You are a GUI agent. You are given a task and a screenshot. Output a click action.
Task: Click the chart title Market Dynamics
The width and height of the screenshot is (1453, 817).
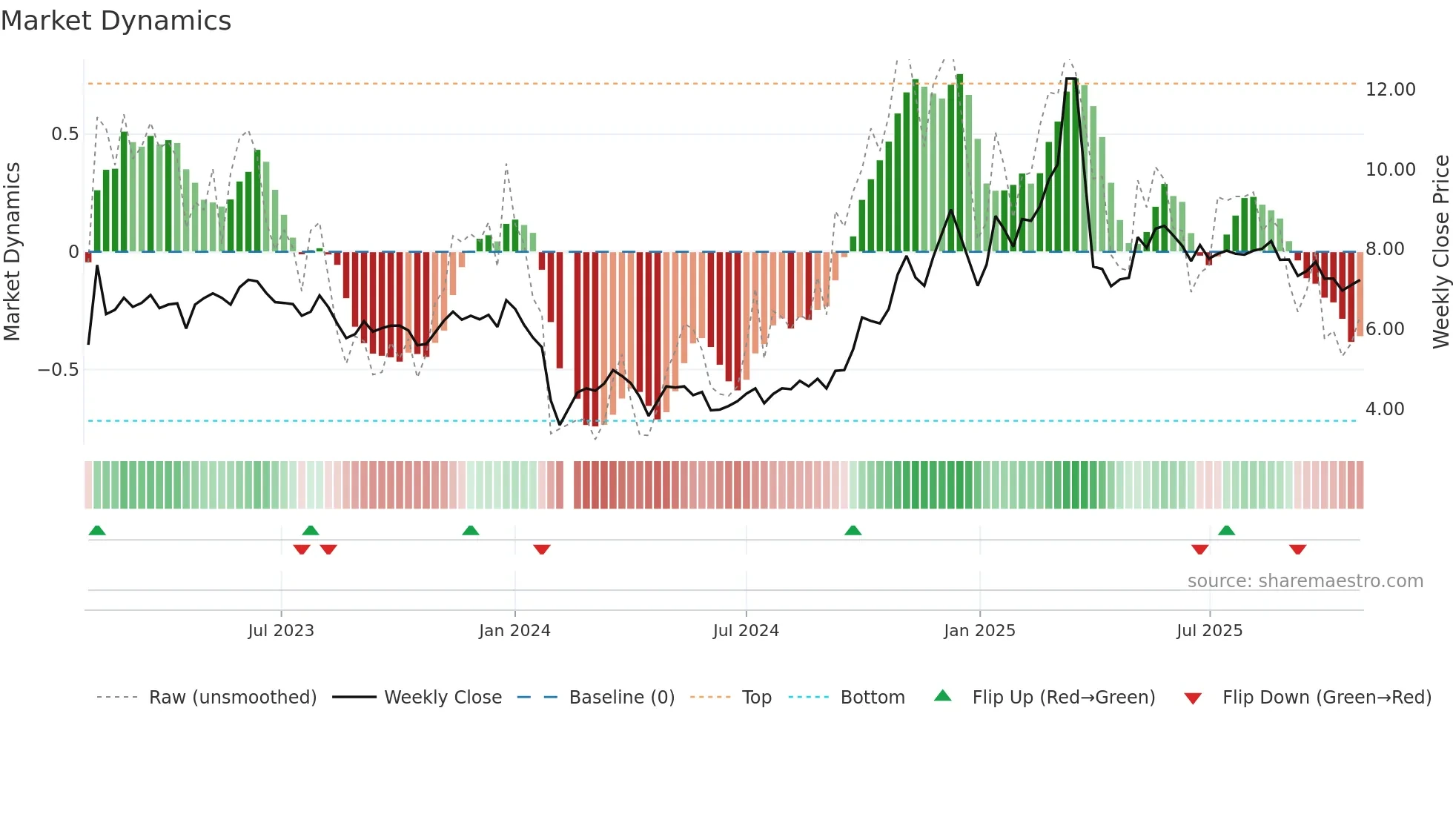click(116, 21)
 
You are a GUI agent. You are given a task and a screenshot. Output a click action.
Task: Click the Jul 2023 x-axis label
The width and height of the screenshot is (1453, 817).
click(281, 631)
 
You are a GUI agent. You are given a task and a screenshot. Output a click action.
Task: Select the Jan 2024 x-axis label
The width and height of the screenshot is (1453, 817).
click(514, 631)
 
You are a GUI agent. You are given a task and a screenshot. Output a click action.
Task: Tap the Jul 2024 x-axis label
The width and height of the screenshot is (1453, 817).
click(746, 631)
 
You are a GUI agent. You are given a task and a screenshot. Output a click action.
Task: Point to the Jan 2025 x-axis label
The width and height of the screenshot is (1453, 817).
click(979, 631)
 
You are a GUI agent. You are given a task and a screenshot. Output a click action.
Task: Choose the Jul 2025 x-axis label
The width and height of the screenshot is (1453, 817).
click(1209, 631)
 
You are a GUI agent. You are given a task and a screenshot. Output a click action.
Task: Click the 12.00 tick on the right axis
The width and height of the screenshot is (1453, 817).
click(1390, 90)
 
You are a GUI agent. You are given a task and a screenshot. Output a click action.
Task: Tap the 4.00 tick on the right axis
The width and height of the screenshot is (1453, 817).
click(1384, 409)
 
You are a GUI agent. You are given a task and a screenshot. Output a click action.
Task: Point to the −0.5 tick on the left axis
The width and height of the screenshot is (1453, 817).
click(58, 370)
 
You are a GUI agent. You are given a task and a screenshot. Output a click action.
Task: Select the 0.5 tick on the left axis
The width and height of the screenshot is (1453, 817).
click(64, 134)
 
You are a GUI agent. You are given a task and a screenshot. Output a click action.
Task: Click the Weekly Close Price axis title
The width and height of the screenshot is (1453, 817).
click(1440, 251)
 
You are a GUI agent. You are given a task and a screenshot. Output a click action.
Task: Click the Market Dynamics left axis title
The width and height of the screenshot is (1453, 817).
click(13, 251)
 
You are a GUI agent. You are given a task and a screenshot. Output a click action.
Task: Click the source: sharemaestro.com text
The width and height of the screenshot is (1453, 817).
click(1305, 581)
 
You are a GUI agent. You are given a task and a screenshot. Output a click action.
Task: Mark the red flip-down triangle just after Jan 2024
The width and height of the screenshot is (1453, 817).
click(542, 549)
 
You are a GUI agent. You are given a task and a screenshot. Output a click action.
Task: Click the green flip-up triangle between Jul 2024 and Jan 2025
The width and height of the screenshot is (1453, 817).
click(853, 530)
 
